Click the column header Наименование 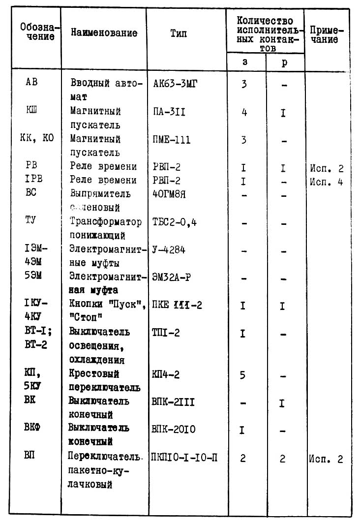coord(104,33)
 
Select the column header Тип coord(179,33)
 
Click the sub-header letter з coord(245,63)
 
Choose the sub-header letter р coord(284,63)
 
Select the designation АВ coord(31,83)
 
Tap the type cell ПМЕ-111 coord(172,140)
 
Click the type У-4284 coord(169,250)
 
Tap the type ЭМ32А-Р coord(172,277)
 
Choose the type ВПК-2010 coord(174,430)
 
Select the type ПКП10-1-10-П coord(184,458)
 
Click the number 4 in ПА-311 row coord(244,113)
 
